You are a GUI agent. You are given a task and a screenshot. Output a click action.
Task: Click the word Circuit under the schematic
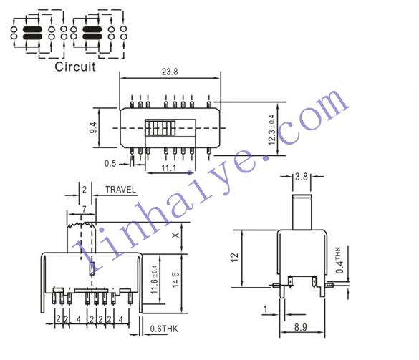(x=75, y=67)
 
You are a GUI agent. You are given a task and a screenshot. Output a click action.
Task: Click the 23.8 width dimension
(x=170, y=72)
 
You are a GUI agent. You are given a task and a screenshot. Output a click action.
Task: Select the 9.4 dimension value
(x=93, y=127)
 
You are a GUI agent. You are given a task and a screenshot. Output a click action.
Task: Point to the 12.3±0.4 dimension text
(x=271, y=130)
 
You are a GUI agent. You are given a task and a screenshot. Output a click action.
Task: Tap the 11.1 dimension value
(x=169, y=168)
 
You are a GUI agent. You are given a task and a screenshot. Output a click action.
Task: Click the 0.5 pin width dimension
(x=110, y=163)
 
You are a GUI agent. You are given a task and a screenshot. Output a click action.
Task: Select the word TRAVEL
(x=121, y=190)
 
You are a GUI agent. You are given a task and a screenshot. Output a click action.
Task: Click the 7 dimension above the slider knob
(x=85, y=209)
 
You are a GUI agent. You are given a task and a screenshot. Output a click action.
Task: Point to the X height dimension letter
(x=175, y=235)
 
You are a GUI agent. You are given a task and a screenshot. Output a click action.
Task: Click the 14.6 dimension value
(x=175, y=280)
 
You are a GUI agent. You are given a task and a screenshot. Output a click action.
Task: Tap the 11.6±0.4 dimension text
(x=155, y=279)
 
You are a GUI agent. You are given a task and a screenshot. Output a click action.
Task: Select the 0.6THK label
(x=164, y=329)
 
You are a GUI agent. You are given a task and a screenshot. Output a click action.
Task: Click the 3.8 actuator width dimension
(x=302, y=177)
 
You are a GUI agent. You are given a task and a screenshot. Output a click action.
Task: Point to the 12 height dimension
(x=234, y=257)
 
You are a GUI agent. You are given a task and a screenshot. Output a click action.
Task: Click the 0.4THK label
(x=339, y=260)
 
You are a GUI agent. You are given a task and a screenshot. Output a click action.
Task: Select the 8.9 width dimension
(x=301, y=327)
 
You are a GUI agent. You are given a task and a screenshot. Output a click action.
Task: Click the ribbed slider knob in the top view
(x=160, y=128)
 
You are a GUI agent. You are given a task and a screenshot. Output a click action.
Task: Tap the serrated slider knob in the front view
(x=81, y=238)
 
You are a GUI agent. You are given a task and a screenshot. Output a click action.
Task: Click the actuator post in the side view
(x=302, y=212)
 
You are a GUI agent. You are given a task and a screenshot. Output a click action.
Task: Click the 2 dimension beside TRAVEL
(x=85, y=190)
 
